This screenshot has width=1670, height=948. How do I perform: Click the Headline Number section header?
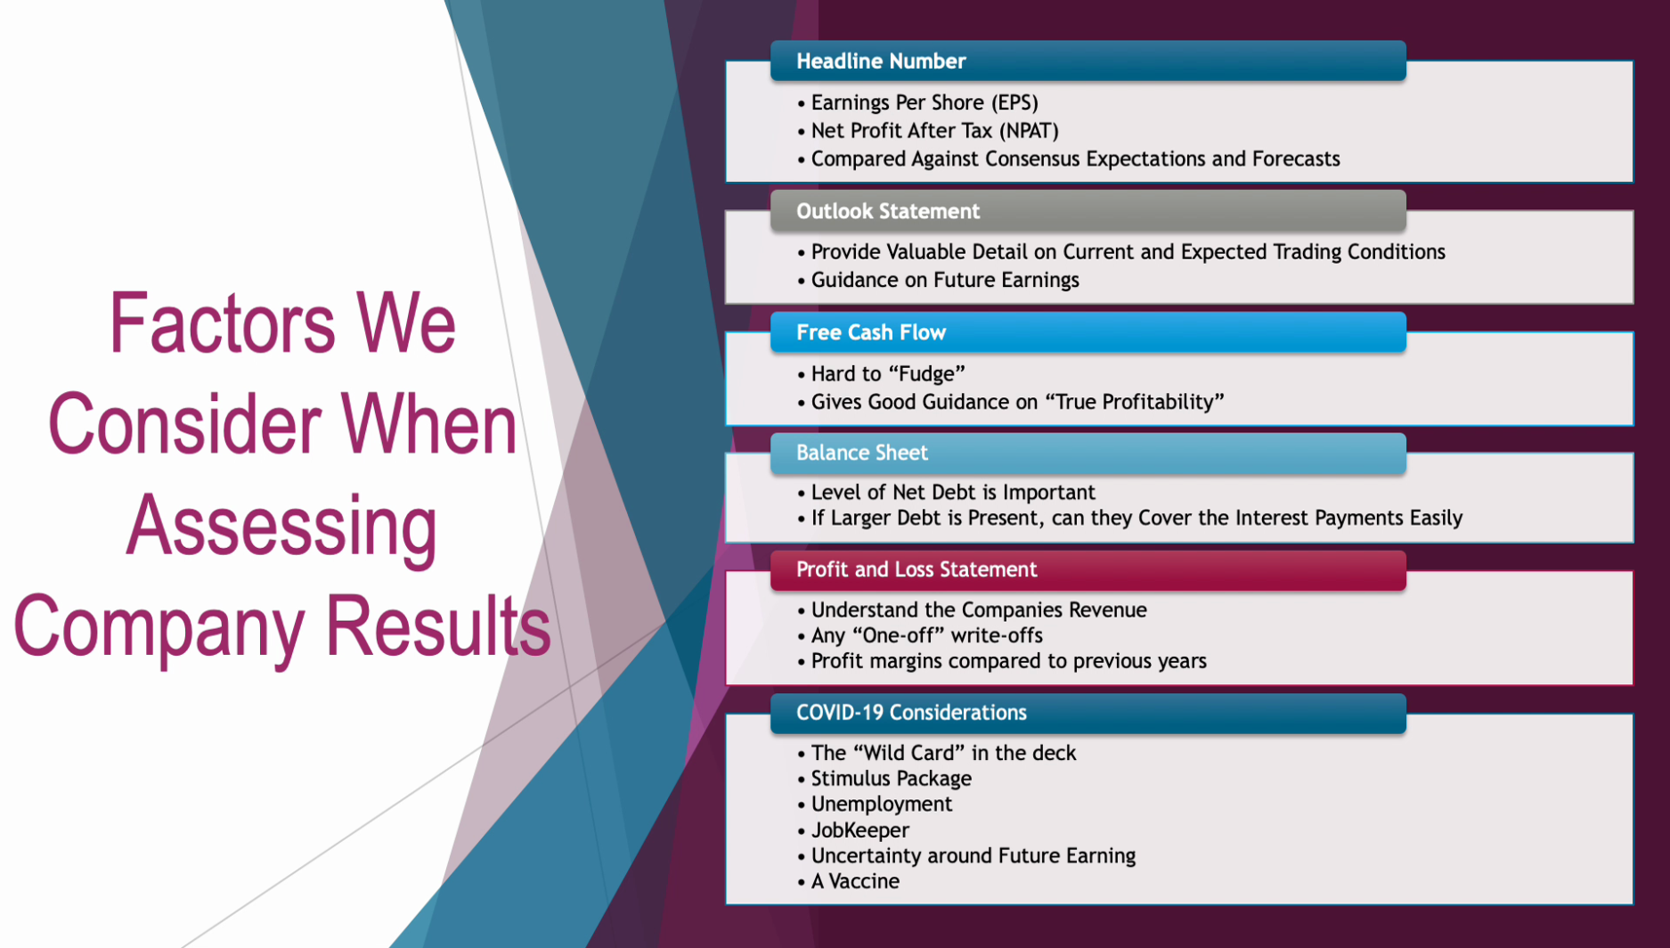[1088, 61]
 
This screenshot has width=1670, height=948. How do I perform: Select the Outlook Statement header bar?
[1088, 211]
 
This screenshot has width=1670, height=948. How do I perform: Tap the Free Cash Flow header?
[1088, 332]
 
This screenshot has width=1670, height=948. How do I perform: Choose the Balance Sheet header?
[1088, 453]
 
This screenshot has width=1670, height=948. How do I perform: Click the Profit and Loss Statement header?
[1088, 570]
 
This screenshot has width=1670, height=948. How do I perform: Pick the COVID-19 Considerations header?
[1088, 713]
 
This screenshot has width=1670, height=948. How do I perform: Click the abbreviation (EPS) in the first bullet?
[1014, 103]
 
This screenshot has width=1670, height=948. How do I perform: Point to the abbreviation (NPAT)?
[1029, 131]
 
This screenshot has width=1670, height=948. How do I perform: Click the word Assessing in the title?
[281, 527]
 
